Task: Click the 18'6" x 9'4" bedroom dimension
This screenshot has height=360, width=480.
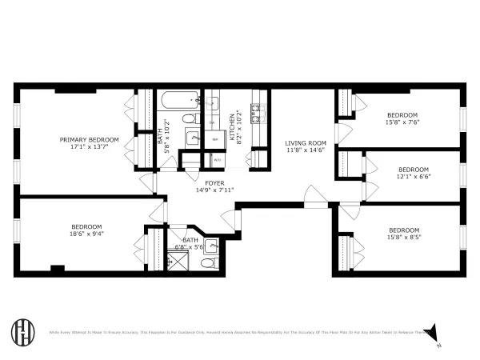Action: (x=87, y=234)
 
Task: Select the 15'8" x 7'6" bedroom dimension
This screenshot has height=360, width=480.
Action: (x=402, y=122)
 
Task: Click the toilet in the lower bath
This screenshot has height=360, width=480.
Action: (x=209, y=262)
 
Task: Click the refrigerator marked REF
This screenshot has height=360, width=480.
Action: (x=214, y=138)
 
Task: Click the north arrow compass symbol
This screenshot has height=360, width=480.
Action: (x=434, y=331)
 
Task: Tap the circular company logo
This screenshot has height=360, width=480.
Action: (x=22, y=331)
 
